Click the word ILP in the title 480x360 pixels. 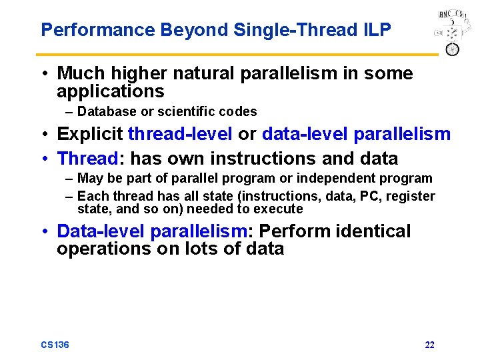click(x=375, y=30)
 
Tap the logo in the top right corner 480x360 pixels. click(x=450, y=33)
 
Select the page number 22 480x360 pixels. click(x=429, y=345)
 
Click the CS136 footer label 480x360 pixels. click(x=55, y=345)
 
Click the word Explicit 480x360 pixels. click(x=90, y=134)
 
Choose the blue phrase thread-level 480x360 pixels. click(x=180, y=134)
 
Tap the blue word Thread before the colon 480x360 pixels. click(x=87, y=159)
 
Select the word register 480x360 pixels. click(x=411, y=196)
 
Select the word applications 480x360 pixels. click(x=110, y=91)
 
